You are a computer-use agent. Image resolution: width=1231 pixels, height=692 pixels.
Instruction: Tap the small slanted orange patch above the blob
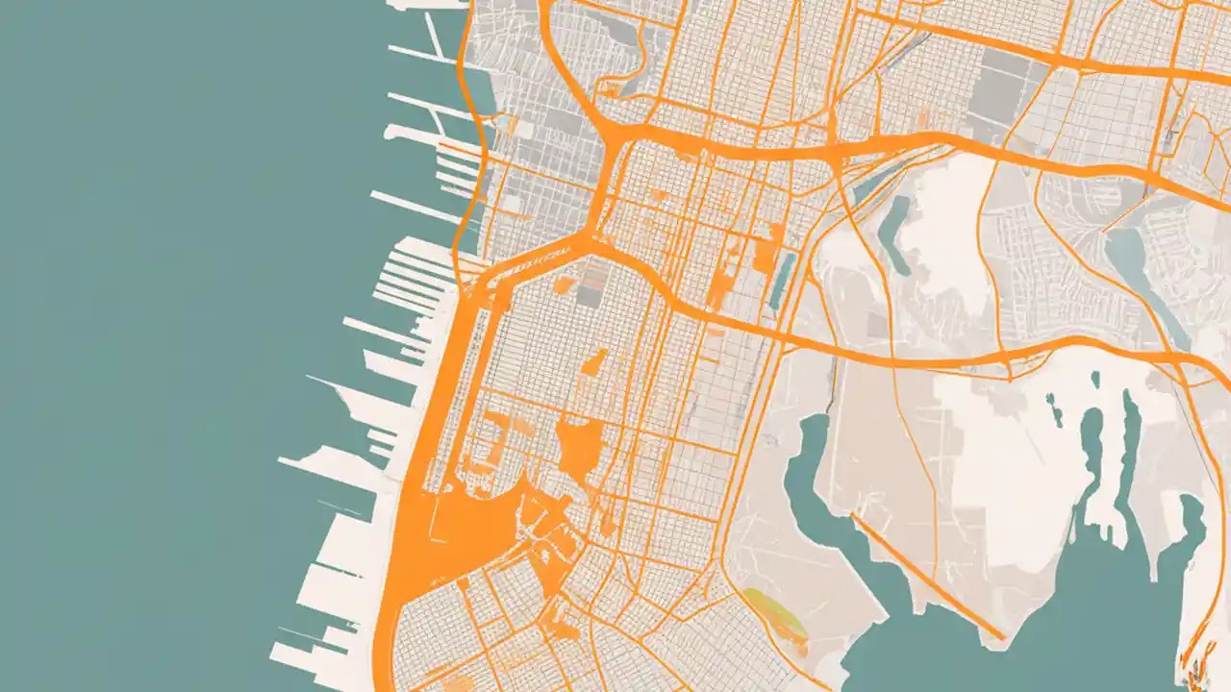594,362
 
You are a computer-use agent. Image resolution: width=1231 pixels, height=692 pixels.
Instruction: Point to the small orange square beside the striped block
565,284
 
